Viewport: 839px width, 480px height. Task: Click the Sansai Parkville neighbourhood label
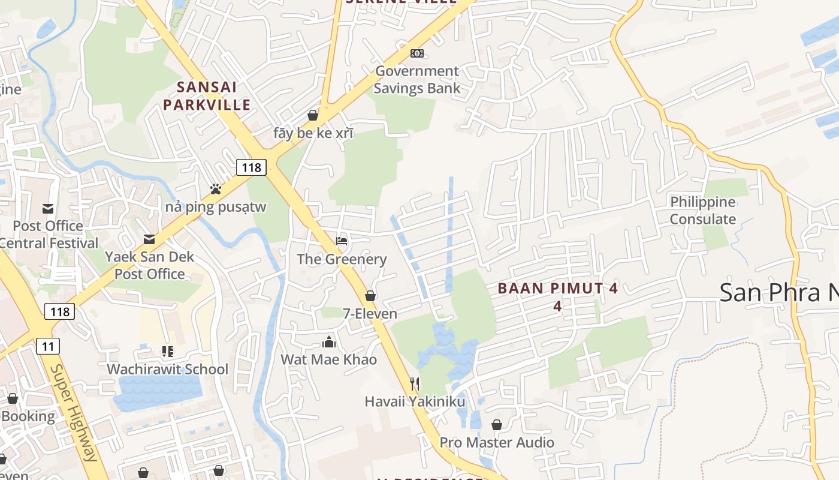pyautogui.click(x=207, y=96)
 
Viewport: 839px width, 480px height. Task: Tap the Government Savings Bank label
pyautogui.click(x=417, y=80)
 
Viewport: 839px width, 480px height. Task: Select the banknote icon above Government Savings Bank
pyautogui.click(x=417, y=53)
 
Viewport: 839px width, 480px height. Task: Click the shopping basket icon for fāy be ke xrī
pyautogui.click(x=313, y=115)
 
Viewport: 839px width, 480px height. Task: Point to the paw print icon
pyautogui.click(x=216, y=189)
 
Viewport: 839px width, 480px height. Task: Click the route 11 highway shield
pyautogui.click(x=48, y=346)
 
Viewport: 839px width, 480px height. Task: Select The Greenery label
pyautogui.click(x=342, y=259)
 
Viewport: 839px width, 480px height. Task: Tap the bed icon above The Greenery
pyautogui.click(x=342, y=241)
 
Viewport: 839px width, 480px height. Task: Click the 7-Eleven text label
pyautogui.click(x=370, y=313)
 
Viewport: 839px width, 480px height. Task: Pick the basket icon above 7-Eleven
pyautogui.click(x=370, y=296)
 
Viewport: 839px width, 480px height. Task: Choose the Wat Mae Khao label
pyautogui.click(x=329, y=359)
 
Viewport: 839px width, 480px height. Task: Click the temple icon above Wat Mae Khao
pyautogui.click(x=329, y=342)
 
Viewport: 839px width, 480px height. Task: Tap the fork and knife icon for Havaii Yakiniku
pyautogui.click(x=415, y=383)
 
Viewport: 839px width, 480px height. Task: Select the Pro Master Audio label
pyautogui.click(x=497, y=442)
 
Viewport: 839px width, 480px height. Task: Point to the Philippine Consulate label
pyautogui.click(x=702, y=211)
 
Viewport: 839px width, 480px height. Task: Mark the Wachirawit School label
pyautogui.click(x=167, y=369)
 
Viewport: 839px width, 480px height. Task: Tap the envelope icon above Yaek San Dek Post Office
pyautogui.click(x=149, y=240)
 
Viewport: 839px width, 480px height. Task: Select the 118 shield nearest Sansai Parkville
pyautogui.click(x=251, y=167)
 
